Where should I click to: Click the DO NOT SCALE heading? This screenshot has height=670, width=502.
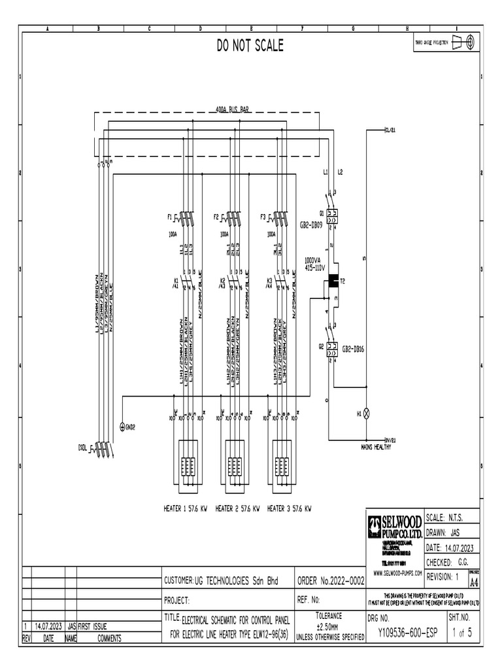251,45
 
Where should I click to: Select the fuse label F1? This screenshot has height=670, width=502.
169,216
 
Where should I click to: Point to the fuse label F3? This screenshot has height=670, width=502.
263,216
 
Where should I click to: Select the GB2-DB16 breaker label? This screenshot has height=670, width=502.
353,349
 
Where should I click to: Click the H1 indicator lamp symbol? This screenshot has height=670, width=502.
367,414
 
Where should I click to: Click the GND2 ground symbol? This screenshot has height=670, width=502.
122,426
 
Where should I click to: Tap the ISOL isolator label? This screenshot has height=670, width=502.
82,448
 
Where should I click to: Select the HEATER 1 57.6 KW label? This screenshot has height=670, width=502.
185,508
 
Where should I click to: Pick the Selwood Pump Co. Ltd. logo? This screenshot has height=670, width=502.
395,527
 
